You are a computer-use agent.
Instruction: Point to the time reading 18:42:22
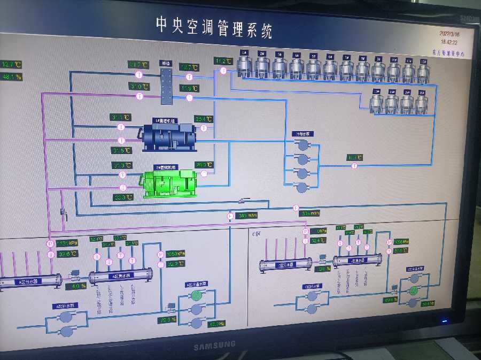pyautogui.click(x=449, y=41)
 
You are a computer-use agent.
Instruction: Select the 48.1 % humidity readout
pyautogui.click(x=12, y=77)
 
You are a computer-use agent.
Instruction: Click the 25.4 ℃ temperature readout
pyautogui.click(x=204, y=119)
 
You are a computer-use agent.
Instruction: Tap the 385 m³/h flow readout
pyautogui.click(x=247, y=216)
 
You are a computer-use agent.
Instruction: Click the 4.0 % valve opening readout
pyautogui.click(x=79, y=286)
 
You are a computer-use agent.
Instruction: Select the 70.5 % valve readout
pyautogui.click(x=167, y=319)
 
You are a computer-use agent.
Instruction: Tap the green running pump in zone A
pyautogui.click(x=197, y=295)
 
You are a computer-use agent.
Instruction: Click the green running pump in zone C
pyautogui.click(x=413, y=290)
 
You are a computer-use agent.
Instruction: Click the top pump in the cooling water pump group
pyautogui.click(x=302, y=144)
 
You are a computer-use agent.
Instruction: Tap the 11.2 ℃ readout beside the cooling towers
pyautogui.click(x=223, y=61)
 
